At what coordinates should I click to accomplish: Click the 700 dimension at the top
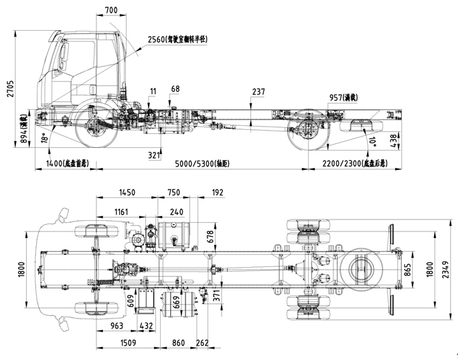pos(111,10)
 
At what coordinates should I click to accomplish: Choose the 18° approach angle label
pos(45,137)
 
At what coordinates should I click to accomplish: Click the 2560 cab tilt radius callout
pos(177,39)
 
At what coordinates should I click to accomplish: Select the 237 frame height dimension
pos(258,92)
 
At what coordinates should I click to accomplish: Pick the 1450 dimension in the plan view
pos(127,192)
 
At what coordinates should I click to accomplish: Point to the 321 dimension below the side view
pos(155,155)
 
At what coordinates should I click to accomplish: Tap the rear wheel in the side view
pos(306,129)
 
